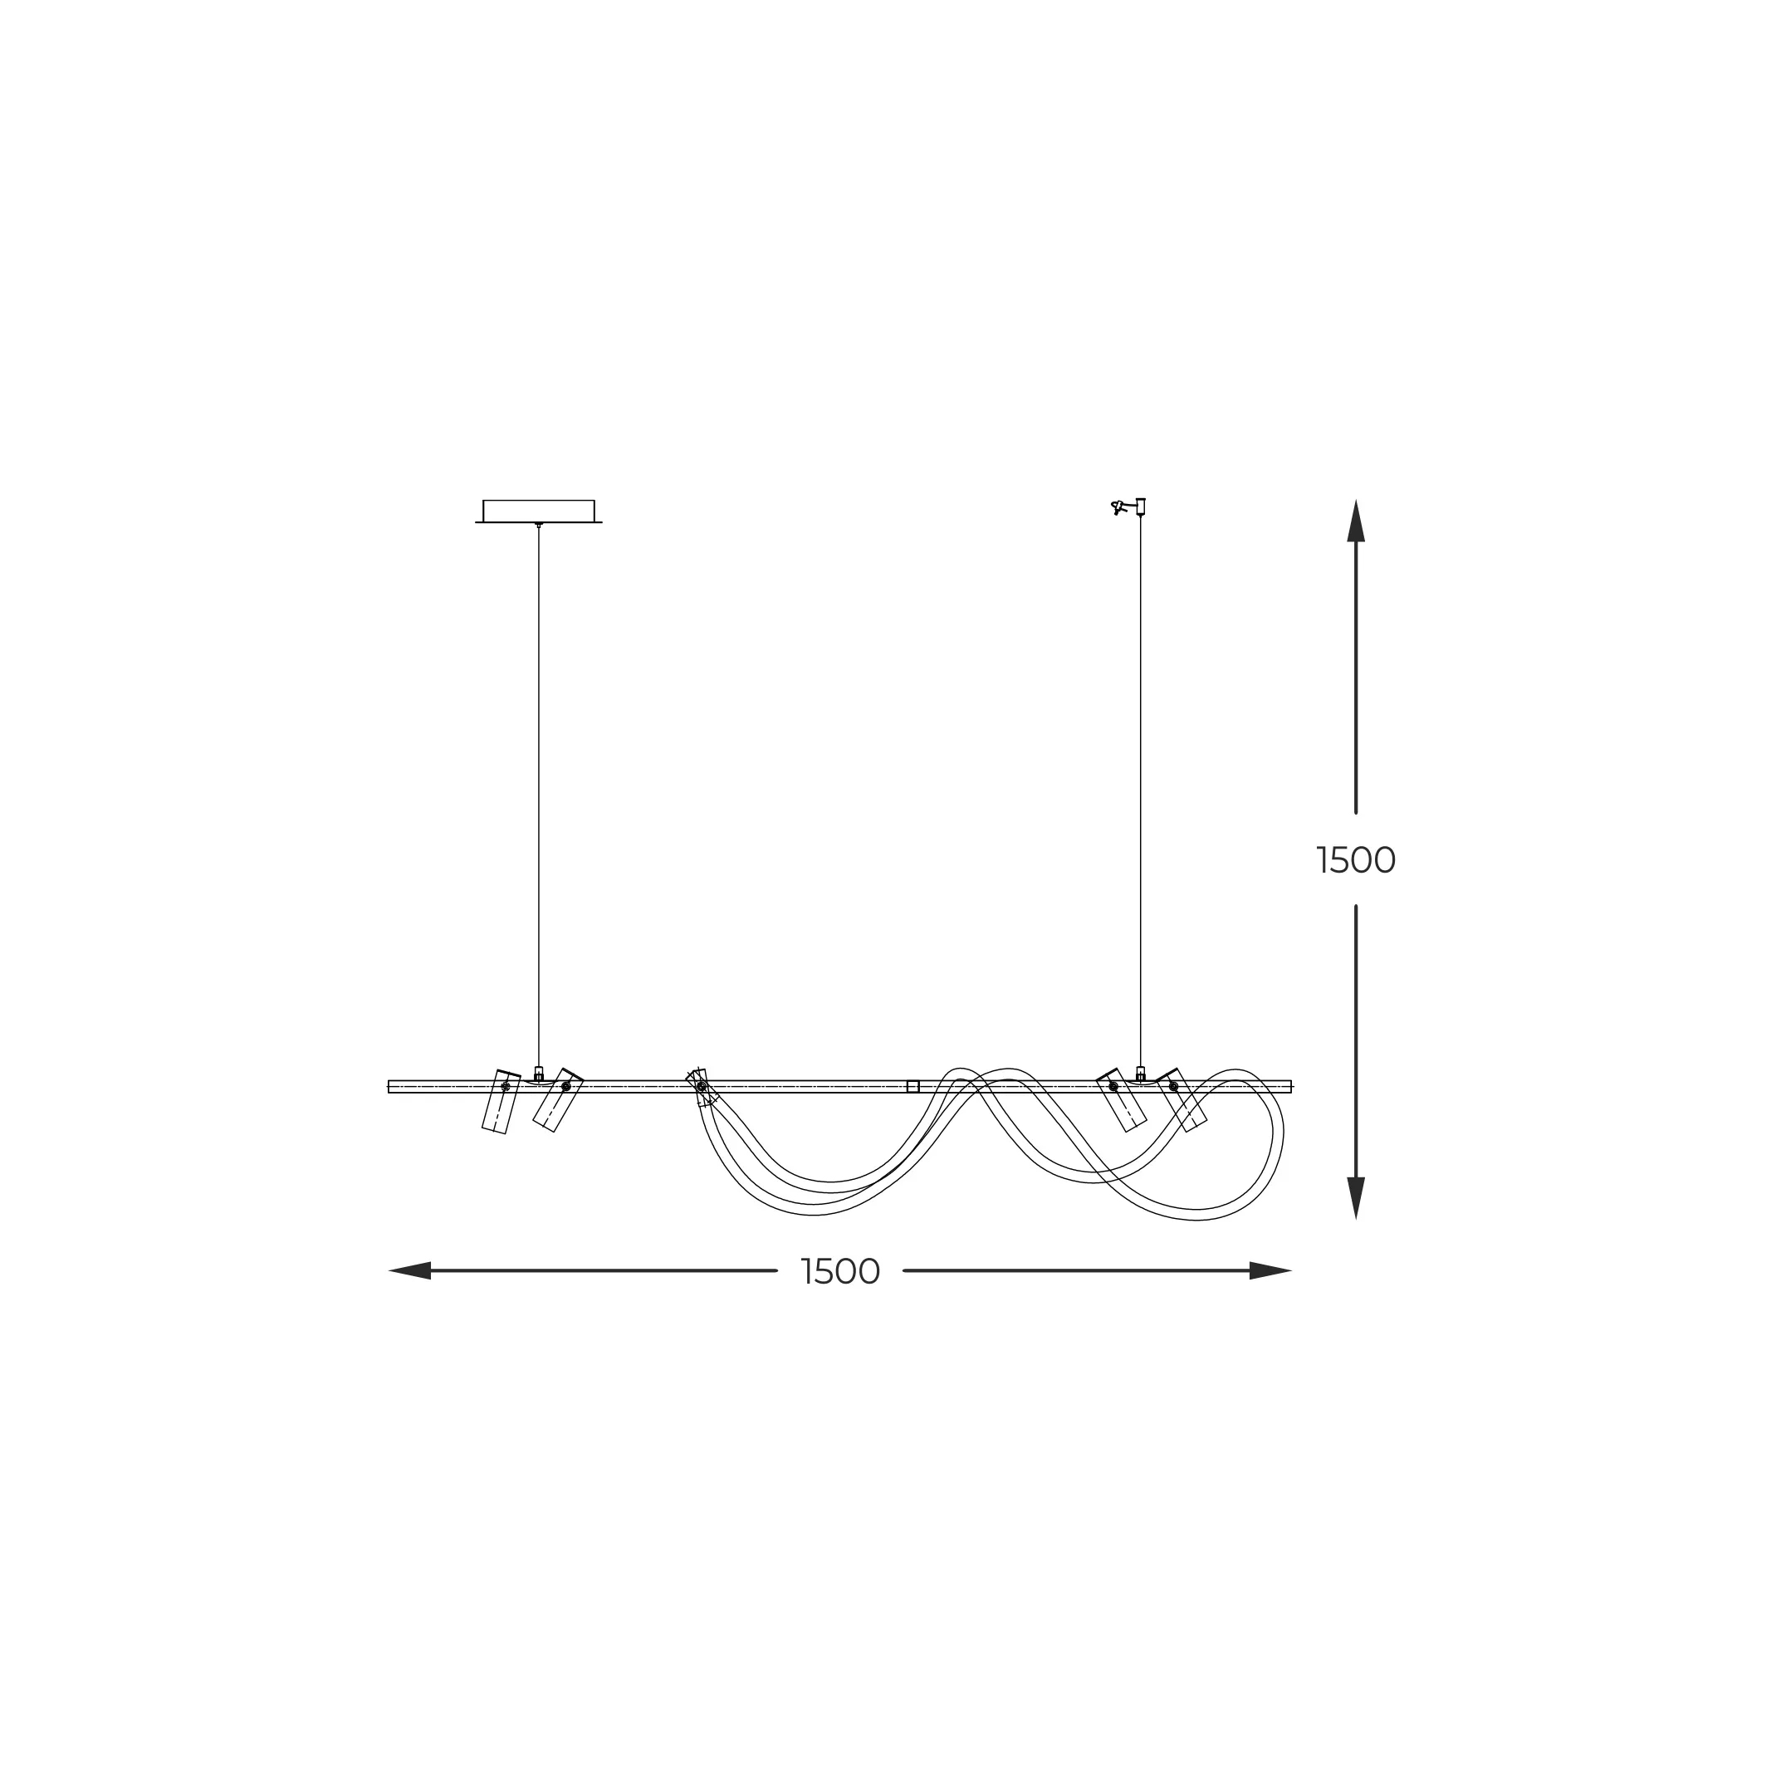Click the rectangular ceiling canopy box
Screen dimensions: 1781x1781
click(x=538, y=511)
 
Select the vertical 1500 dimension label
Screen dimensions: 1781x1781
click(x=1356, y=860)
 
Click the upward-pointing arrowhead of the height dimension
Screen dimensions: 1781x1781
click(x=1356, y=521)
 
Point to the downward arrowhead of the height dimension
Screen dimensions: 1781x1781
click(x=1356, y=1198)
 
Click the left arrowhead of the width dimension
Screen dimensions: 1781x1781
click(x=410, y=1270)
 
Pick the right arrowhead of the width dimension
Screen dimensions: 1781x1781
click(x=1270, y=1270)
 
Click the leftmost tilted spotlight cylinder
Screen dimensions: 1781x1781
click(x=502, y=1102)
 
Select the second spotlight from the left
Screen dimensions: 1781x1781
click(x=558, y=1100)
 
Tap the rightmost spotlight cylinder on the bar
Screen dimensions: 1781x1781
click(x=1182, y=1100)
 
